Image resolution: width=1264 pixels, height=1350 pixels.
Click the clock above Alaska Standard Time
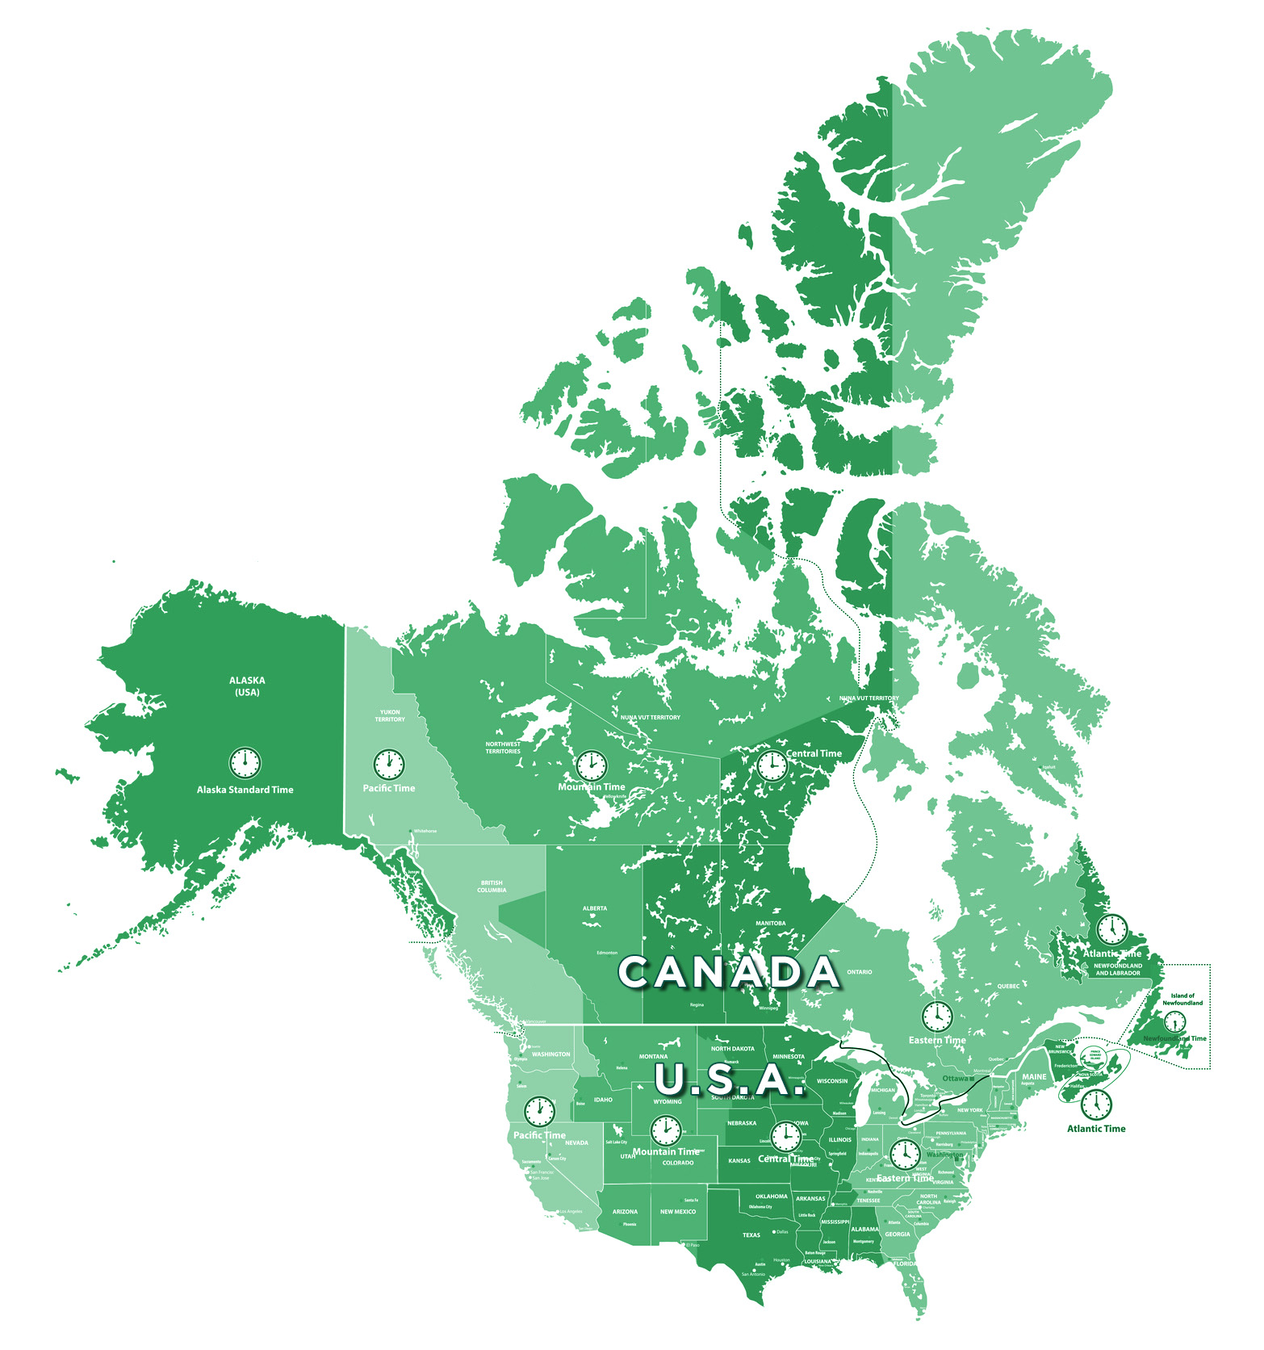click(245, 761)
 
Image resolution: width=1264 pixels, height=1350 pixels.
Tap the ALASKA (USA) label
click(247, 686)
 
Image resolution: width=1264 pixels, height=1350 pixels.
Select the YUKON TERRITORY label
click(390, 715)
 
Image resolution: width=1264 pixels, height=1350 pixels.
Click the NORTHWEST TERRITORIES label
click(503, 748)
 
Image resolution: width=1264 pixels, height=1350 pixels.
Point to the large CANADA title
click(729, 972)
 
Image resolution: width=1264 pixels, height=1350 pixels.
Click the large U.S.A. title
click(730, 1079)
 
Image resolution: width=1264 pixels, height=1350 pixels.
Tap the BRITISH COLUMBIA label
click(492, 887)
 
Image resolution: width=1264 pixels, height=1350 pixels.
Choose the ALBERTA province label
click(595, 908)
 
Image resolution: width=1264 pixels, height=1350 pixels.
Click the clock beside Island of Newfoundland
click(1174, 1021)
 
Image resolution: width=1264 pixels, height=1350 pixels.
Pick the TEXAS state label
click(751, 1235)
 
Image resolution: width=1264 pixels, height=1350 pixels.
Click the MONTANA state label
click(653, 1056)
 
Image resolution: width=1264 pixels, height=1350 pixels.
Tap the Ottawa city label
click(956, 1078)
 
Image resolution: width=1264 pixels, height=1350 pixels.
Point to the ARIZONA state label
click(625, 1211)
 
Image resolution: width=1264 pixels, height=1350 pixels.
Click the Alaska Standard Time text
click(245, 790)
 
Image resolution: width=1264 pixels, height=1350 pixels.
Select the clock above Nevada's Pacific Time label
click(539, 1111)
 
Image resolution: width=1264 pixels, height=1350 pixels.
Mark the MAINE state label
click(1034, 1076)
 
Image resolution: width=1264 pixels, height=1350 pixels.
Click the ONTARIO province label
click(860, 972)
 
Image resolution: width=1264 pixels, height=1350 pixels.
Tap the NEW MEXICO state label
click(678, 1211)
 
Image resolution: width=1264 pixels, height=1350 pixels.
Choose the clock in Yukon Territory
click(388, 763)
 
